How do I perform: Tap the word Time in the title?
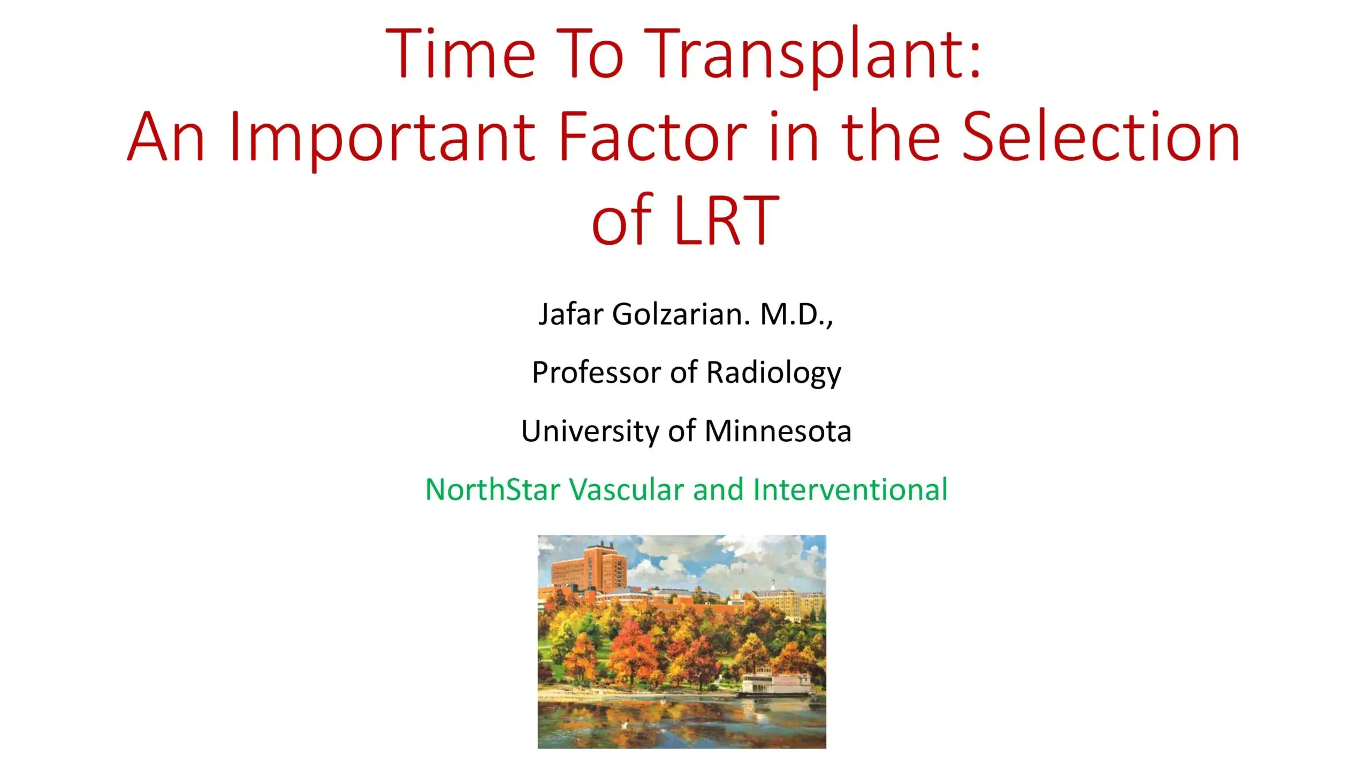point(460,54)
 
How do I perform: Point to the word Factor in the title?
point(653,136)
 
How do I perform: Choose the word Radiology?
point(774,373)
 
